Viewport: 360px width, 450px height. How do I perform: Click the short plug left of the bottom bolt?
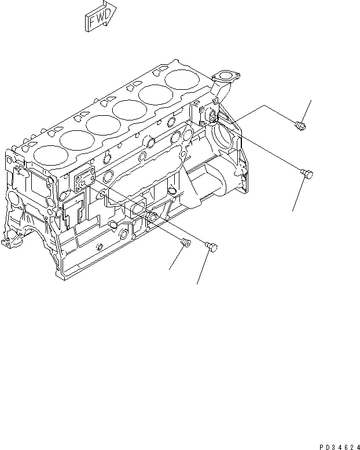[186, 243]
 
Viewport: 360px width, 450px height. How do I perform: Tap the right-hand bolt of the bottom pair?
[211, 247]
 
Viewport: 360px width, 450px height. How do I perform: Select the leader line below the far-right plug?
[299, 195]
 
